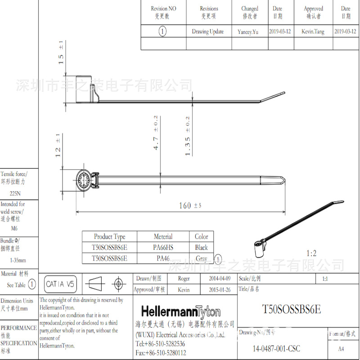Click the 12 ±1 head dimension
58,145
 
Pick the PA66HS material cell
163,247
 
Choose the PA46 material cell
163,258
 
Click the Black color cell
201,247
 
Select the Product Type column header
109,237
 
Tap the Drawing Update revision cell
207,31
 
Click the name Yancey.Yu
248,32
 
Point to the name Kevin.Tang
313,31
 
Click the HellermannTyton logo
181,312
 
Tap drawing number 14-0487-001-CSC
276,349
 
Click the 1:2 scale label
311,254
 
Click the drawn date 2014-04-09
220,279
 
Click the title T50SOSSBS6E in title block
291,310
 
